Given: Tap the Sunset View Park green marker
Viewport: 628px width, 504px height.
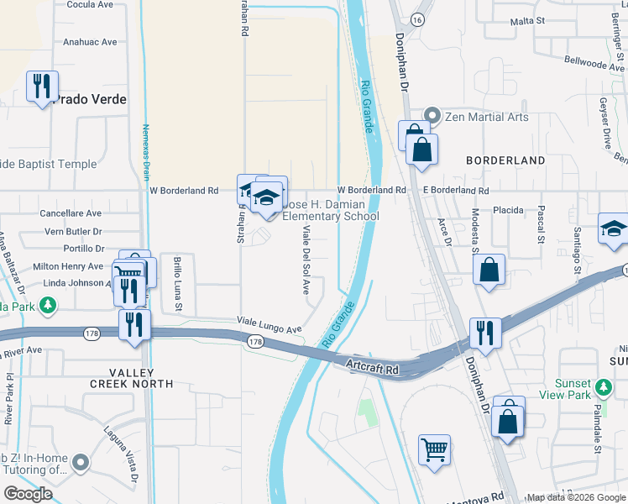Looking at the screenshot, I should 603,387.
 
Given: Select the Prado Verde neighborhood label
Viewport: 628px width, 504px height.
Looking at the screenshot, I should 91,99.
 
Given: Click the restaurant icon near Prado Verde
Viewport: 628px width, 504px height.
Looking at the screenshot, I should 42,87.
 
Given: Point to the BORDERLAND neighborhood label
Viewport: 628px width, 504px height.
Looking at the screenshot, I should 506,160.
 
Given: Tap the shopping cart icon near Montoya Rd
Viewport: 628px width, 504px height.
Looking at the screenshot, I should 434,449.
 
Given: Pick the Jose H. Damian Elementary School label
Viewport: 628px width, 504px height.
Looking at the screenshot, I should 330,210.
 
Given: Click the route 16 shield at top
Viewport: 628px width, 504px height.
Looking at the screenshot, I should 416,18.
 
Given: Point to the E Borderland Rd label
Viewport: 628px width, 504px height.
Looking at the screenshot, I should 455,191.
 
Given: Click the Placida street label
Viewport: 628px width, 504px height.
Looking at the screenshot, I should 508,210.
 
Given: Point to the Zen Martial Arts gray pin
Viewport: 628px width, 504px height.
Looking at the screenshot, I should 432,116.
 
